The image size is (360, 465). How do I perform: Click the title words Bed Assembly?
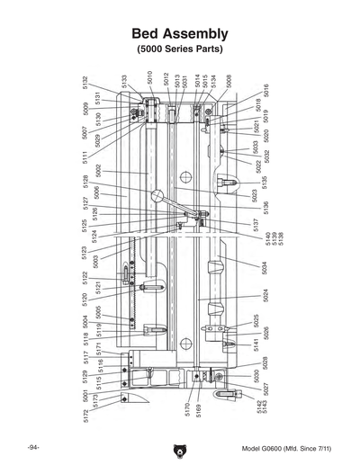tap(180, 32)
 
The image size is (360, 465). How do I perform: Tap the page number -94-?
tap(31, 447)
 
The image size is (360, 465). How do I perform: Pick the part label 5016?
tap(266, 91)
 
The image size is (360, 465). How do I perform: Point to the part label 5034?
tap(265, 268)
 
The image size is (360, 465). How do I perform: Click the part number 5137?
tap(256, 225)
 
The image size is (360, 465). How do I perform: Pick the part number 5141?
tap(256, 344)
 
